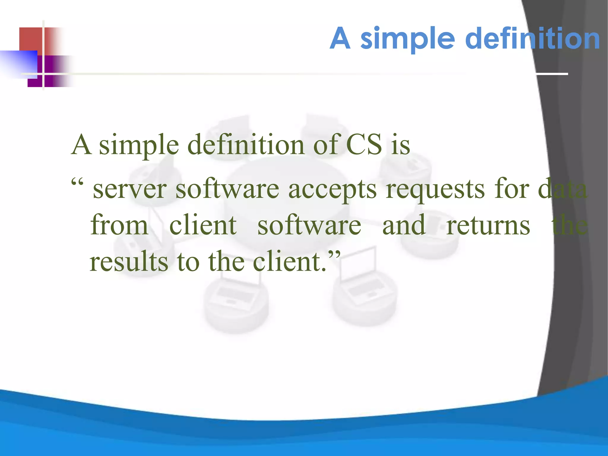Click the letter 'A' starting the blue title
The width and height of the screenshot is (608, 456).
click(x=340, y=38)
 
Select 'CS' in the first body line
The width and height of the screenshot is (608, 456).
click(x=364, y=145)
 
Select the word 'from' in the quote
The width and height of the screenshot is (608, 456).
click(x=119, y=225)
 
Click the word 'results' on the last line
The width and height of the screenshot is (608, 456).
click(x=129, y=261)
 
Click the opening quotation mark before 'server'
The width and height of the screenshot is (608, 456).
click(x=77, y=181)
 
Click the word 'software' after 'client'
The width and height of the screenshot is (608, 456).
click(x=309, y=225)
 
